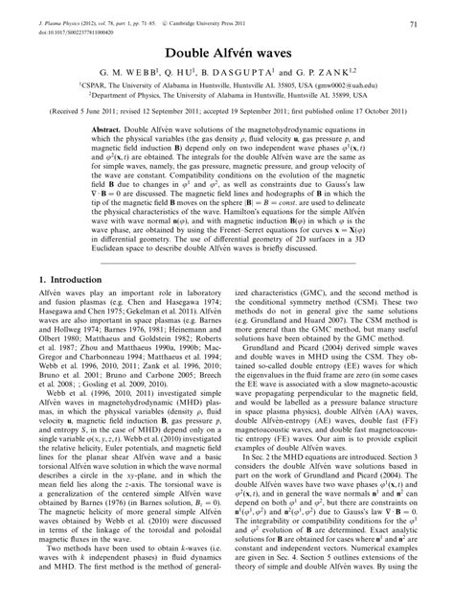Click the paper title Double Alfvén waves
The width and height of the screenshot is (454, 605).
[x=227, y=54]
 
